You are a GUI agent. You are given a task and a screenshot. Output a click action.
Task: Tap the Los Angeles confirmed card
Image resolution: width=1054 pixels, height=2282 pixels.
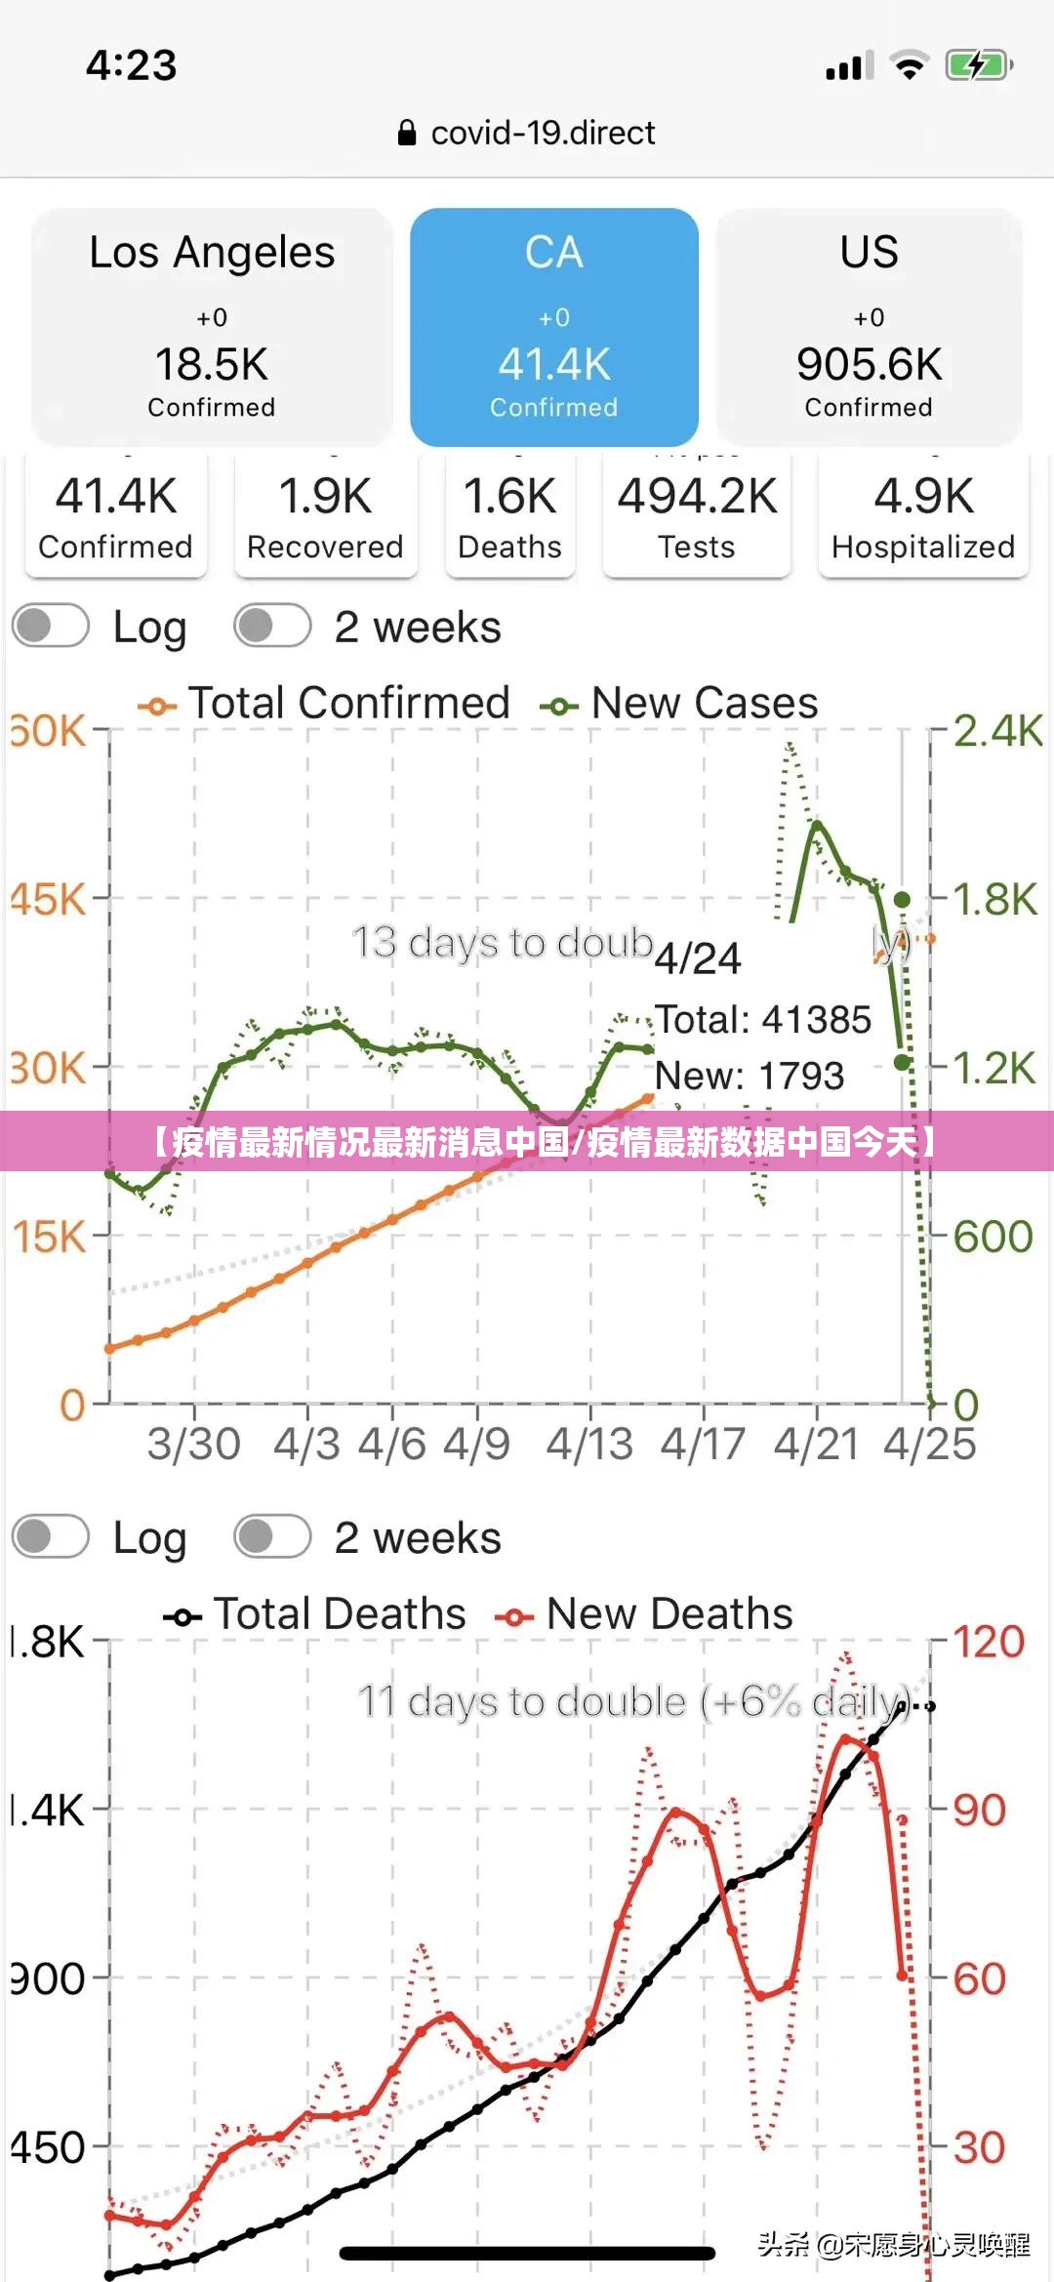[x=212, y=326]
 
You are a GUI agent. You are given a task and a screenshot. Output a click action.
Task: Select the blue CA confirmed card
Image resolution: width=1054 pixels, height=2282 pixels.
[x=553, y=326]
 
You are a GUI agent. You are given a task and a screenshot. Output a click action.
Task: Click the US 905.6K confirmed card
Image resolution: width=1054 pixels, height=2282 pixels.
[x=869, y=326]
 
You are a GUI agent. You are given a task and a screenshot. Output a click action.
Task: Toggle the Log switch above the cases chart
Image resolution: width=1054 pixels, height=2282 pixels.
[x=51, y=627]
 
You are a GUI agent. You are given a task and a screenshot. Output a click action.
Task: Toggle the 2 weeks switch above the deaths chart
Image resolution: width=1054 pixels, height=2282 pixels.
[x=272, y=1537]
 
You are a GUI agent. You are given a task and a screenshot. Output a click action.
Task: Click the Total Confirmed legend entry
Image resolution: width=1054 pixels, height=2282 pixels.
[x=325, y=704]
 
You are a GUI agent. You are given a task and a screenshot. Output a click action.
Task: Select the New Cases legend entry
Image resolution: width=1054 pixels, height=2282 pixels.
[x=680, y=704]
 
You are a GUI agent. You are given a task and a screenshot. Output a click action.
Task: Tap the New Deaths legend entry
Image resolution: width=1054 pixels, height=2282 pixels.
[x=644, y=1614]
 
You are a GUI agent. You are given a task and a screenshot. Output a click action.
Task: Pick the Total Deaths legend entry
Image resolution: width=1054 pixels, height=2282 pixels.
[x=315, y=1614]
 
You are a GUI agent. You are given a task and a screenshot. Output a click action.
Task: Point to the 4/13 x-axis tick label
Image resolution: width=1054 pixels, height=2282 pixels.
[x=589, y=1444]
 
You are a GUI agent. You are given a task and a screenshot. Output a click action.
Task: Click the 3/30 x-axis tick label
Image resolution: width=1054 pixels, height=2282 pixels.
[x=193, y=1444]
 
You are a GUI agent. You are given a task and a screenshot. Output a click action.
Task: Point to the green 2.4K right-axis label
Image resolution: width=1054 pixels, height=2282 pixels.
[x=996, y=731]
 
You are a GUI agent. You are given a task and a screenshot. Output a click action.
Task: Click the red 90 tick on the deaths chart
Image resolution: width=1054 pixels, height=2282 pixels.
[x=979, y=1811]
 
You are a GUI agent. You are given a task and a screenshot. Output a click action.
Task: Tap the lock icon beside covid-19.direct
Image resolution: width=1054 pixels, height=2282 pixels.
[x=407, y=133]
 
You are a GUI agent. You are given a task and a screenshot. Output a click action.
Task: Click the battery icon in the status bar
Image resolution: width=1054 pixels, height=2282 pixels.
[x=978, y=66]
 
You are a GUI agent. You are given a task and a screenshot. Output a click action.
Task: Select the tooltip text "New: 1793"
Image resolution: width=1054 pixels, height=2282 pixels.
[x=749, y=1076]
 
